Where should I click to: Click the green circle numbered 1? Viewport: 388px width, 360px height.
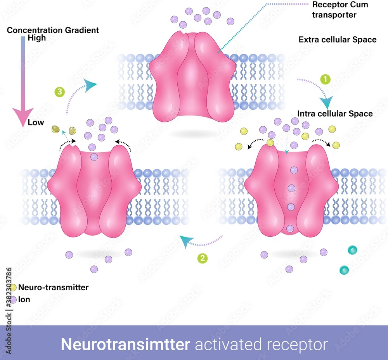[325, 79]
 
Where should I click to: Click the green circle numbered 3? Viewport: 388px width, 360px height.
[59, 92]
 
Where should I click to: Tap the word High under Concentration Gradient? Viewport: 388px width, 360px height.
[36, 38]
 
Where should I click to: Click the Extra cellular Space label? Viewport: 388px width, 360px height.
[337, 40]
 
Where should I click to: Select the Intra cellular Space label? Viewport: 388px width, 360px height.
[335, 114]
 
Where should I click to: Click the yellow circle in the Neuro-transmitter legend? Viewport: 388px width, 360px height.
[13, 288]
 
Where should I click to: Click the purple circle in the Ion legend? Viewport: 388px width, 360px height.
[13, 300]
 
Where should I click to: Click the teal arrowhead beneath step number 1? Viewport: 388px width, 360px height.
[326, 103]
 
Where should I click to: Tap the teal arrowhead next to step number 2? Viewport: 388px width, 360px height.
[186, 242]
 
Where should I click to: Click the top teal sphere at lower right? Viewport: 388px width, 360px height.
[352, 250]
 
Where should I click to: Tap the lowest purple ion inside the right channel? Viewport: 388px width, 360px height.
[290, 229]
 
